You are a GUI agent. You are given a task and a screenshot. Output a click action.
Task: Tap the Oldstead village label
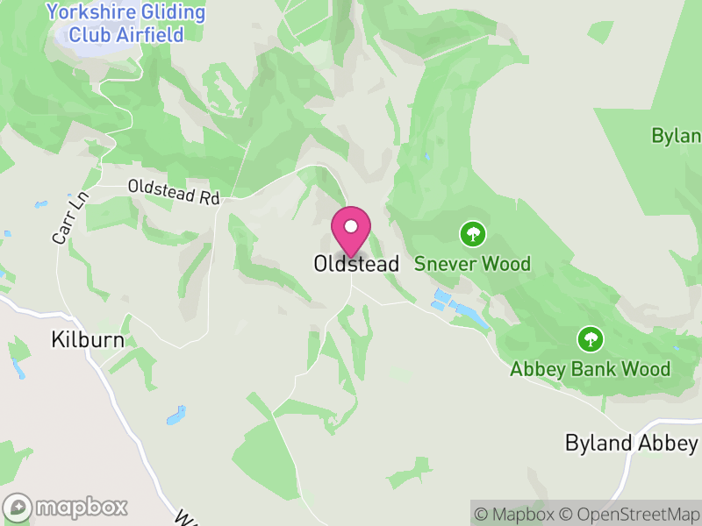pos(356,264)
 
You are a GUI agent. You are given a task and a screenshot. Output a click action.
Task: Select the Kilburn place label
pos(88,339)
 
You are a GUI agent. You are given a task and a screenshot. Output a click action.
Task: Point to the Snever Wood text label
pos(472,264)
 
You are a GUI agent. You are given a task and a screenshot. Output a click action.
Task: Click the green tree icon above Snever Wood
pos(473,233)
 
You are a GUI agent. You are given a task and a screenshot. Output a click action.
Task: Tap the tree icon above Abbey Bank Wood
pos(591,338)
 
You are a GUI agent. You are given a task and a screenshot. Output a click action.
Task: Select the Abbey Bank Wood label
pos(591,369)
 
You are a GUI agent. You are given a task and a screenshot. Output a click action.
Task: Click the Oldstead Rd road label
pos(173,192)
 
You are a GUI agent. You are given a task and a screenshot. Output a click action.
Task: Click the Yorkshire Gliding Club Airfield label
pos(126,24)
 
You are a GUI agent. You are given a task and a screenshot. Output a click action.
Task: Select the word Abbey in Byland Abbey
pos(667,443)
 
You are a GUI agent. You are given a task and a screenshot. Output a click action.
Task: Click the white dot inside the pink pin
pos(351,226)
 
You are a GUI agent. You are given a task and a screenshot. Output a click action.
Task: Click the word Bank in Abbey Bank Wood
pos(597,369)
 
